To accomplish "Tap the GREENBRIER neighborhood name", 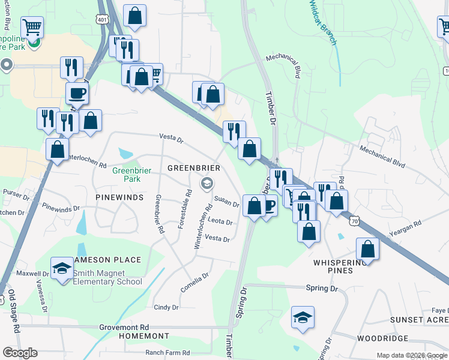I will click(x=193, y=168).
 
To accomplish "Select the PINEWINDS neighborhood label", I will click(x=121, y=197).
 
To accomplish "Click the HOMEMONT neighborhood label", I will click(x=144, y=336).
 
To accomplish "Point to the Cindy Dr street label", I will click(x=166, y=307).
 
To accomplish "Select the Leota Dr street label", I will click(x=220, y=221).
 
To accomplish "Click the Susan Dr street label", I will click(x=227, y=202).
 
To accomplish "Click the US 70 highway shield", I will click(x=355, y=221).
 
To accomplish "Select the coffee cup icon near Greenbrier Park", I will click(x=77, y=94).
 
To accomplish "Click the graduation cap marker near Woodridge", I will click(x=303, y=317).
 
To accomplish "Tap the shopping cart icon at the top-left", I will click(x=32, y=26).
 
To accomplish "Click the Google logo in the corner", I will click(x=20, y=353).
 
